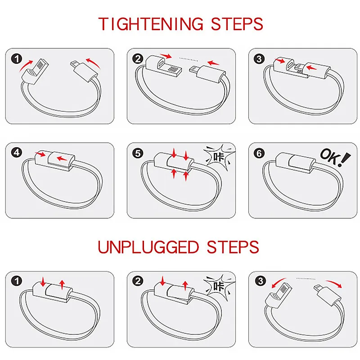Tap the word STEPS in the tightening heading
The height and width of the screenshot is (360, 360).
(236, 23)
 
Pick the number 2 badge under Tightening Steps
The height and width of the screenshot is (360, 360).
(138, 58)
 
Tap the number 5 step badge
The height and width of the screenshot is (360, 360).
(138, 152)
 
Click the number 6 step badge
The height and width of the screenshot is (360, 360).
(259, 152)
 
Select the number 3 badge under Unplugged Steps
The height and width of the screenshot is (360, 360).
(259, 281)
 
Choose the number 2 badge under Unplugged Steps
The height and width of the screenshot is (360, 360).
(138, 281)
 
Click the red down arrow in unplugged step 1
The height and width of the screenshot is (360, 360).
(42, 282)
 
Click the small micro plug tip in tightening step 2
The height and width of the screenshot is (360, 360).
(192, 70)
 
